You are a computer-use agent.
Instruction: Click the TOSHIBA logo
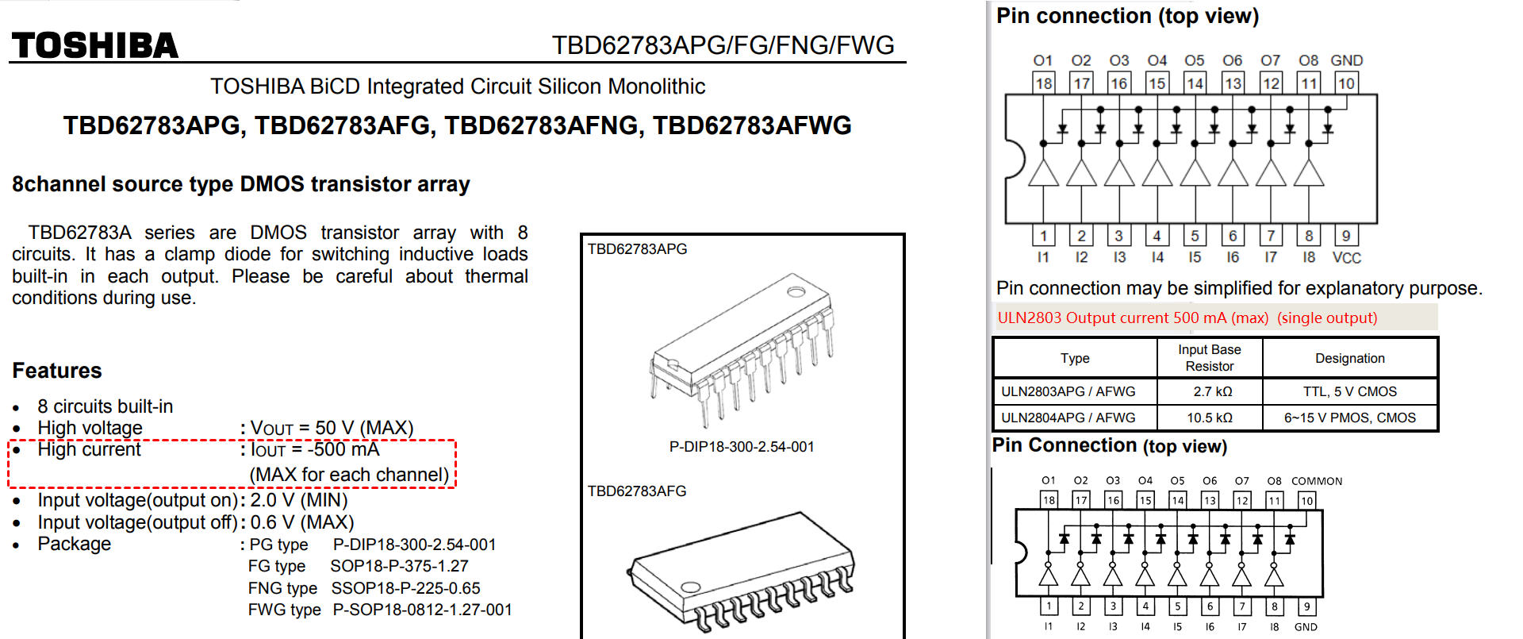click(95, 46)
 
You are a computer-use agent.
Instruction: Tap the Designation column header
click(1349, 358)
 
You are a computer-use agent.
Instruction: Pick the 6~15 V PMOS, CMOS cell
click(1349, 418)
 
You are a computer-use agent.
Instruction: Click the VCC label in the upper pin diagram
click(1346, 258)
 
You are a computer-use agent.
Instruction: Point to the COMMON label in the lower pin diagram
click(1316, 481)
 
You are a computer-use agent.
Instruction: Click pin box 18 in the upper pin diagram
click(1043, 83)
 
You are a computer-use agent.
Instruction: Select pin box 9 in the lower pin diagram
click(1306, 606)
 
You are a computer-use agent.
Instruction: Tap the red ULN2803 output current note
click(1187, 318)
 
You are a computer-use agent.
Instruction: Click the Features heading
click(57, 371)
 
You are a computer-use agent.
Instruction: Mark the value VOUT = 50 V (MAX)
click(332, 428)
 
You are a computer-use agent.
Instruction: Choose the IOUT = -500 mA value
click(315, 449)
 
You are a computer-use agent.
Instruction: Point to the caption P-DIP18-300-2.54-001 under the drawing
click(741, 447)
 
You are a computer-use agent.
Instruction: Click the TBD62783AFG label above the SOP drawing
click(637, 491)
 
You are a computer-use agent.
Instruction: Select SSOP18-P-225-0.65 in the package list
click(405, 588)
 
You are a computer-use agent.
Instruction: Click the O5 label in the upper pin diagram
click(1194, 60)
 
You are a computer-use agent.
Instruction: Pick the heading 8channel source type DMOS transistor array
click(241, 184)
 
